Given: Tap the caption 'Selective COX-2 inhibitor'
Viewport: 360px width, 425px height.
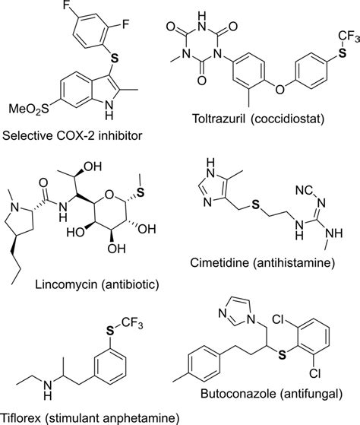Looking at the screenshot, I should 73,138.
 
